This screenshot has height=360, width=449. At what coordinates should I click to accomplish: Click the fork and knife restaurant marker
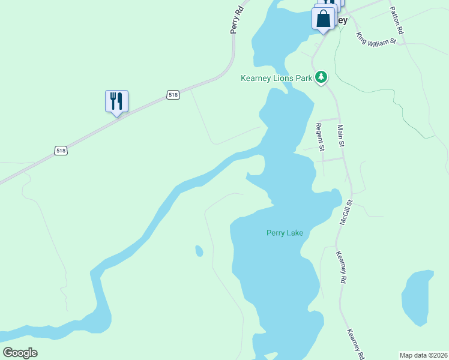point(116,101)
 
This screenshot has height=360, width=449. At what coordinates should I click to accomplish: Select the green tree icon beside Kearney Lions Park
point(322,77)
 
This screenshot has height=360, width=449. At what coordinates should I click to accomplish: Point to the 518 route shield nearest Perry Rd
point(173,95)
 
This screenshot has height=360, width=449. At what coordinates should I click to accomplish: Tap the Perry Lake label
point(285,233)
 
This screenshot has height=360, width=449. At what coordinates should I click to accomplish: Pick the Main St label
point(341,136)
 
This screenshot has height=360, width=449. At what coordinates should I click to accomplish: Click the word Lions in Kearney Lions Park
point(285,78)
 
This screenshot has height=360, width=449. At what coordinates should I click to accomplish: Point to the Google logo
point(20,353)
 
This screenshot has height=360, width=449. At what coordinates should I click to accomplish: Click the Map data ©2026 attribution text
point(423,355)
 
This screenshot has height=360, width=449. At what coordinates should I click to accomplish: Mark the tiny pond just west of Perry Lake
point(199,250)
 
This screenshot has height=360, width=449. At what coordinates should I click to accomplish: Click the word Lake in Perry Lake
point(294,233)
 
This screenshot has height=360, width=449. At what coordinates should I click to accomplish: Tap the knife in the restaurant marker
point(119,100)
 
